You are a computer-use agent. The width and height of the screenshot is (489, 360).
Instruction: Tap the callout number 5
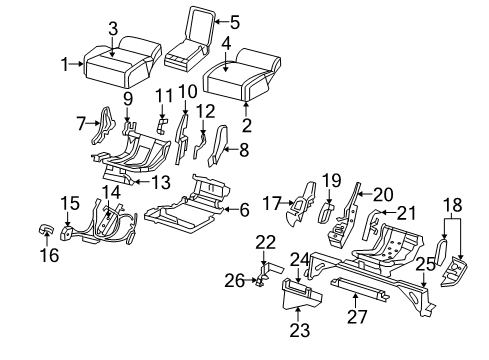[x=234, y=20]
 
